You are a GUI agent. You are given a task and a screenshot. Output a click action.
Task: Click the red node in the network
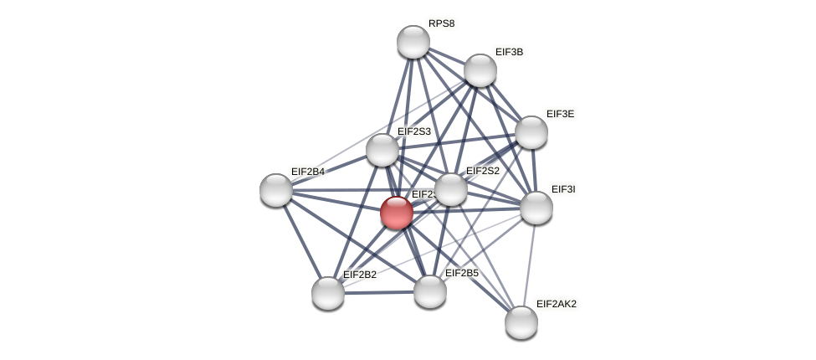[x=396, y=213]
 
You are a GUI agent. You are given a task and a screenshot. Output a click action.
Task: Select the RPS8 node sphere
[x=413, y=42]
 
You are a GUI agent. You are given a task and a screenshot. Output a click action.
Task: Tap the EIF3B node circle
[x=480, y=70]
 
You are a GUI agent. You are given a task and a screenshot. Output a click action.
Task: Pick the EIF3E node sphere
[x=531, y=132]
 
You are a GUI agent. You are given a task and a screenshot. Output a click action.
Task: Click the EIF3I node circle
[x=536, y=208]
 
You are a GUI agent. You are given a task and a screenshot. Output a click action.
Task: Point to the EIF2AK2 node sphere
[x=521, y=322]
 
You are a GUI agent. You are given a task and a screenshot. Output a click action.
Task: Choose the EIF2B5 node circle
[x=429, y=291]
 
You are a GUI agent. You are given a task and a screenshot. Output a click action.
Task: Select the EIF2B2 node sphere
[x=327, y=293]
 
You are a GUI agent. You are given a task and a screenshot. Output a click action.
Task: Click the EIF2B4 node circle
[x=276, y=190]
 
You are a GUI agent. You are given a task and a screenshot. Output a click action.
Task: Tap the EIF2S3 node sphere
[x=382, y=150]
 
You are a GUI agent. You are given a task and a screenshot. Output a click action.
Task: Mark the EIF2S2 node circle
[x=450, y=189]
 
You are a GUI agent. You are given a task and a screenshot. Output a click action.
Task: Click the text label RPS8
[x=441, y=23]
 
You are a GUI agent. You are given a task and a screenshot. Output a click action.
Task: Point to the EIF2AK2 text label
[x=556, y=304]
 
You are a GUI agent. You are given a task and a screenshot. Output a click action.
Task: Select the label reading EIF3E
[x=560, y=114]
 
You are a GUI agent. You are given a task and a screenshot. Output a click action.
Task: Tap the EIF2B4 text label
[x=307, y=172]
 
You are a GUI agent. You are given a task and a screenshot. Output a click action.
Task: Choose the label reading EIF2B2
[x=360, y=275]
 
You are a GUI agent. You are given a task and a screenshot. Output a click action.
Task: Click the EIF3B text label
[x=509, y=52]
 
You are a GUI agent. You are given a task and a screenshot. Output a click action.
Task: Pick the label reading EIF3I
[x=562, y=189]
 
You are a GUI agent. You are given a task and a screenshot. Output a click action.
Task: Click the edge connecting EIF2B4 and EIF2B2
[x=301, y=241]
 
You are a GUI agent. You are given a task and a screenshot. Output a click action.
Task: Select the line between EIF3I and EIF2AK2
[x=528, y=265]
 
